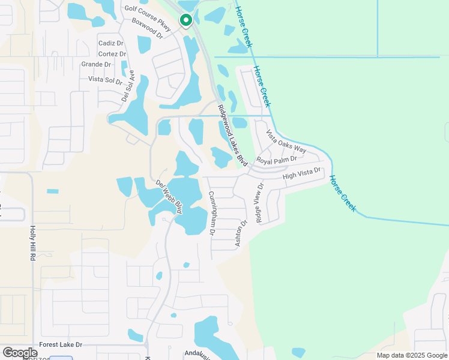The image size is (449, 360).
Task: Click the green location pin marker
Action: [x=186, y=20]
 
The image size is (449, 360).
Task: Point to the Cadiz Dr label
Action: [x=110, y=43]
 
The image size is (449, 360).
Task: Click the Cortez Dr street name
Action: [x=111, y=53]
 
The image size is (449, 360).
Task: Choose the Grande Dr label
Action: [x=96, y=64]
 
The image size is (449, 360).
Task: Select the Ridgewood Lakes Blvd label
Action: [x=232, y=136]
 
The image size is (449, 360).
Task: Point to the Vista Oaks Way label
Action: [x=286, y=142]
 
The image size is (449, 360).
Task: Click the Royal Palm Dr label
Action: [x=277, y=160]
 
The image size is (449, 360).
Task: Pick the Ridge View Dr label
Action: [x=260, y=202]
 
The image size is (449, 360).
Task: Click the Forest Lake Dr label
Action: [x=61, y=345]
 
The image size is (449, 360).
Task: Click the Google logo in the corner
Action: [x=20, y=353]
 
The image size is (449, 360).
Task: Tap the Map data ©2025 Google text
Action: [x=412, y=355]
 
